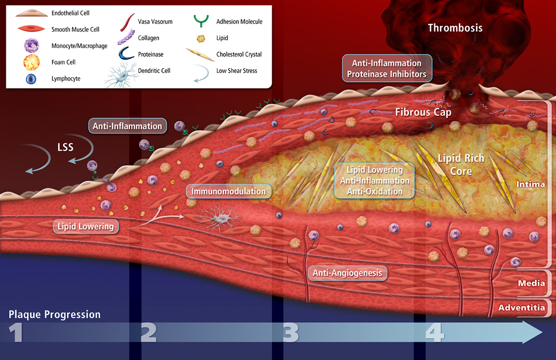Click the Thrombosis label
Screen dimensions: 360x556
(x=455, y=28)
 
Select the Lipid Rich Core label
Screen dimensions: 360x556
(x=461, y=164)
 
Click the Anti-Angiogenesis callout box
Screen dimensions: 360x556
(x=347, y=273)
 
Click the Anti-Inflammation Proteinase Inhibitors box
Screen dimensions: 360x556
(x=386, y=68)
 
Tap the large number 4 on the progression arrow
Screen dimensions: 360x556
(x=434, y=332)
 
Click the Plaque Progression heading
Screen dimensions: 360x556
(x=55, y=315)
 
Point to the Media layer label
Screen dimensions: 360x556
(x=531, y=283)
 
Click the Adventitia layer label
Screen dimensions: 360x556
(x=521, y=307)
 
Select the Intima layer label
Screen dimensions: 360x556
(x=531, y=184)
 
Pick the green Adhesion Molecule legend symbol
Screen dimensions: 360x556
(x=201, y=20)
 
